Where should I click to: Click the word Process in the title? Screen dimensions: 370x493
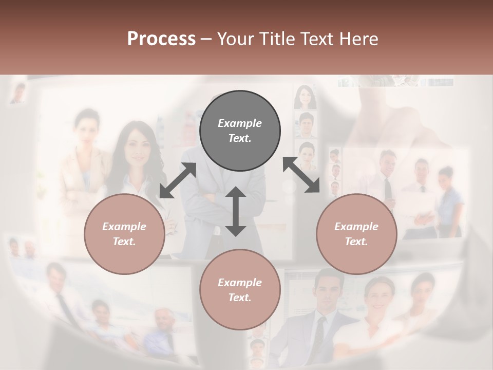click(161, 39)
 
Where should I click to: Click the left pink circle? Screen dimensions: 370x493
click(124, 234)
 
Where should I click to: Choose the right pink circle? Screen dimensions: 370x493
click(356, 234)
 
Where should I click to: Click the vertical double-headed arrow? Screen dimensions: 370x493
click(236, 211)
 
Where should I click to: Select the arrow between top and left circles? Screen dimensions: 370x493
click(178, 180)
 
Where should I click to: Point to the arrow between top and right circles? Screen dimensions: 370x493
click(301, 175)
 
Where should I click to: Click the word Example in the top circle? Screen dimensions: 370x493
click(240, 123)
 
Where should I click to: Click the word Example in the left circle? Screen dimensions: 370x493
click(124, 227)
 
